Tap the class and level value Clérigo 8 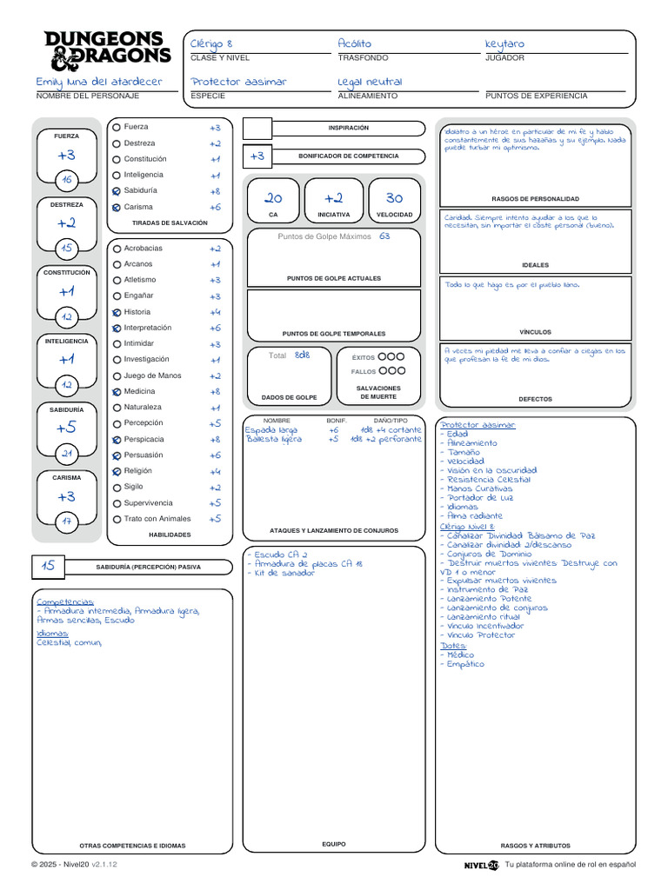coord(211,43)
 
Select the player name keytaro coord(504,43)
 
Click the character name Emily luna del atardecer coord(99,82)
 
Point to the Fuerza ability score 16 coord(67,180)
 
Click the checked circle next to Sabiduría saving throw coord(117,190)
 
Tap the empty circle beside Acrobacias coord(117,249)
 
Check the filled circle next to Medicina coord(117,392)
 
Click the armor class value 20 coord(273,198)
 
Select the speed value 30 coord(394,198)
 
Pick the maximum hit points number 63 coord(384,236)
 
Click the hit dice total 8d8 coord(302,355)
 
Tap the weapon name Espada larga coord(271,429)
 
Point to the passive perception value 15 coord(48,566)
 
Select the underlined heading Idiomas coord(52,634)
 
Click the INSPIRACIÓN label coord(348,128)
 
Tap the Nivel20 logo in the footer coord(481,865)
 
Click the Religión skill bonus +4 coord(215,471)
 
